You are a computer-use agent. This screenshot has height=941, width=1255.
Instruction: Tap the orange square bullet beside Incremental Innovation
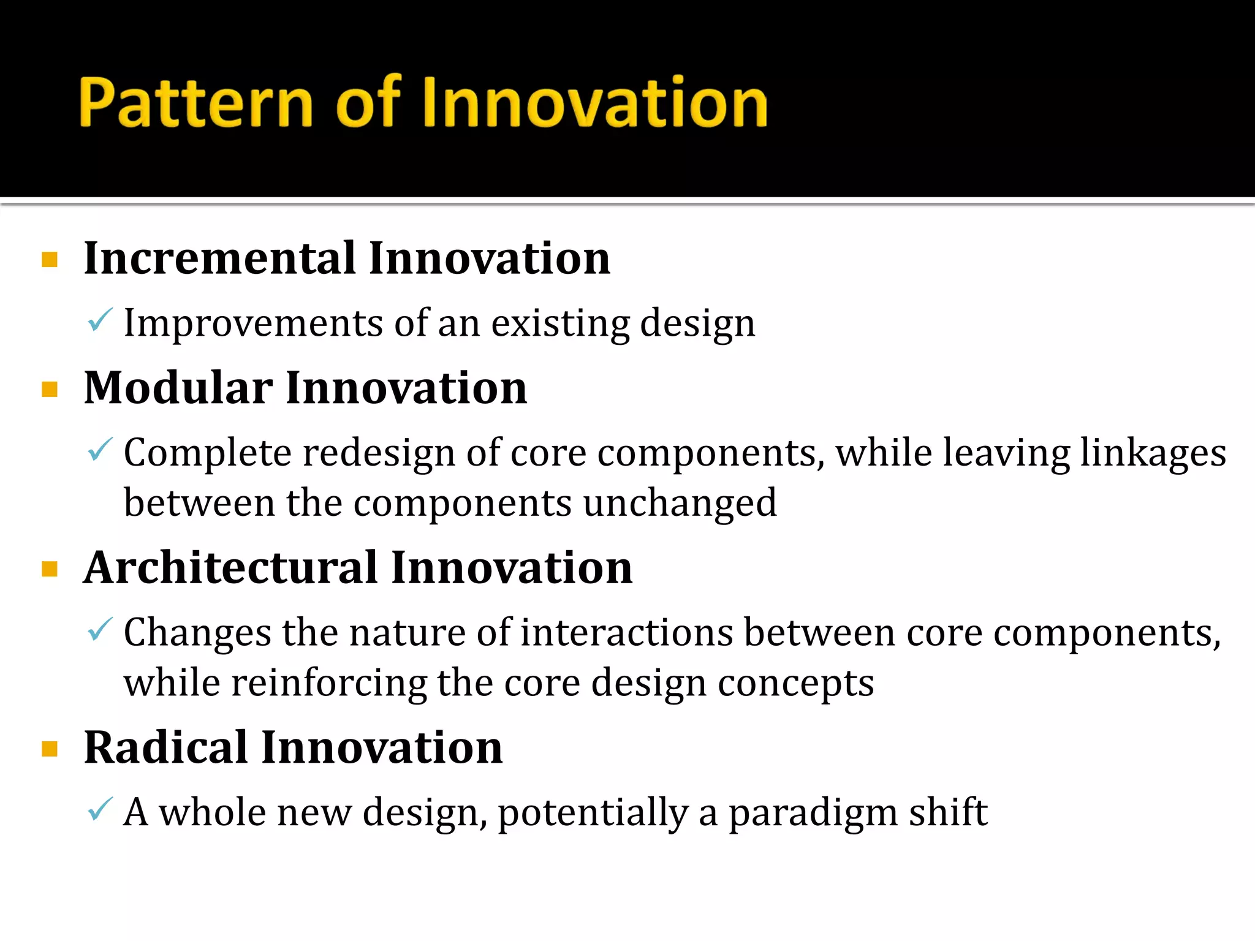pos(50,260)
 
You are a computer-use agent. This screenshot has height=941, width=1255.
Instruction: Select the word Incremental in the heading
pos(219,259)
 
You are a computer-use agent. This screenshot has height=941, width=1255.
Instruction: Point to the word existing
pos(560,323)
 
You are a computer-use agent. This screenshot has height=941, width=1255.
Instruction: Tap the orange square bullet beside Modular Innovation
pos(50,390)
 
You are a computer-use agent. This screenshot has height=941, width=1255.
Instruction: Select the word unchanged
pos(680,504)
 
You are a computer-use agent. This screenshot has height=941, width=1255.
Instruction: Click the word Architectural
pos(230,568)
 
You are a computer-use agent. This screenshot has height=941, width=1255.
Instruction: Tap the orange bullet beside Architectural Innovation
pos(50,569)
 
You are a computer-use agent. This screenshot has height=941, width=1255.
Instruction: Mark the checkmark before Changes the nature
pos(100,629)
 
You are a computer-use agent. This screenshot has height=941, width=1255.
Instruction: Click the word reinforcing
pos(328,684)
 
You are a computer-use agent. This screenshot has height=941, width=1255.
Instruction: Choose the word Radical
pos(166,748)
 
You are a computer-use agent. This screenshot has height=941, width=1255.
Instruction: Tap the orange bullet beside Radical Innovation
pos(50,749)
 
